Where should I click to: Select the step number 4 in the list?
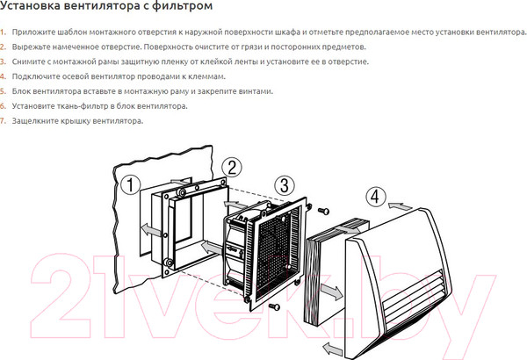(3, 76)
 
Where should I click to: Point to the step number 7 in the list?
(3, 120)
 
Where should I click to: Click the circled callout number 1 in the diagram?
(130, 185)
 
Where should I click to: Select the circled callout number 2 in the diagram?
(231, 167)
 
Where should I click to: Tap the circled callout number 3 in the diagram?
(284, 186)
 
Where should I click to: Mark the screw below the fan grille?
(273, 306)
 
